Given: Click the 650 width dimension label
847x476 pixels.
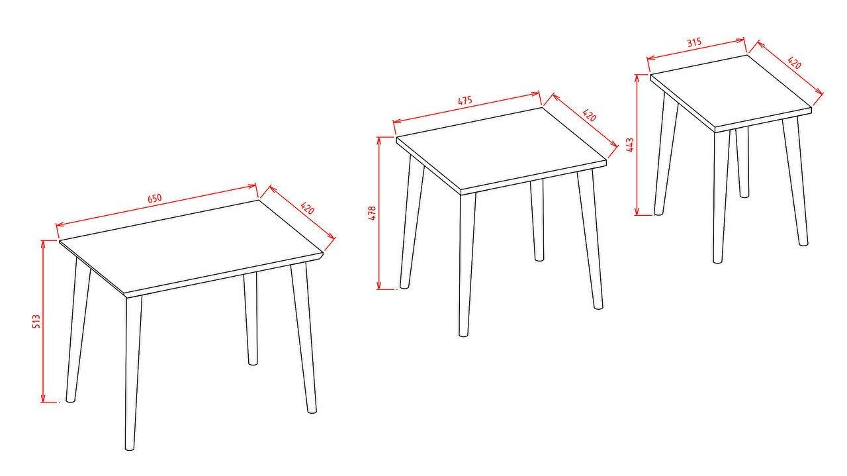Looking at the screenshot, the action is [x=154, y=199].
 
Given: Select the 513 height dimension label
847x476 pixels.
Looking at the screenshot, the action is [x=36, y=321].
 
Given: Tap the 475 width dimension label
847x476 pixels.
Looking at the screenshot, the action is [x=465, y=101].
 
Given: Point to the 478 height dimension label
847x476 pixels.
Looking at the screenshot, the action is [x=372, y=213].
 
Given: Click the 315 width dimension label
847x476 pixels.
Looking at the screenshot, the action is [x=694, y=42].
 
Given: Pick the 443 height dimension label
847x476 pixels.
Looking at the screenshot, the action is [x=630, y=145].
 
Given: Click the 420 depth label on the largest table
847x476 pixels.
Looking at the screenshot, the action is [x=308, y=208].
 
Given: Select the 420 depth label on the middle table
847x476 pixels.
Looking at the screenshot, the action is [x=589, y=115].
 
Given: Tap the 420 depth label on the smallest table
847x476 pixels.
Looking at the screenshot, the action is [x=795, y=63].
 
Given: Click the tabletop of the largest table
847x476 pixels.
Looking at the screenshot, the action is [x=191, y=246].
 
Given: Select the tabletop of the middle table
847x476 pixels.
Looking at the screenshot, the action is [x=501, y=150].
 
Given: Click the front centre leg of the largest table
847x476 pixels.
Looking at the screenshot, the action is [x=132, y=373].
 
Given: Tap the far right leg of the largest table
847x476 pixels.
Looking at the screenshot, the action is [x=304, y=338].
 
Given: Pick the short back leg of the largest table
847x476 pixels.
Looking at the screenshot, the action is [x=251, y=318].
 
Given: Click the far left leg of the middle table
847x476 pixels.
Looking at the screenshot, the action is [x=412, y=221].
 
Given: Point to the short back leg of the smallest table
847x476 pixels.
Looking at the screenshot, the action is [x=742, y=162].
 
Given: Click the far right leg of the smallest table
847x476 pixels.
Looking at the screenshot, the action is [x=795, y=181].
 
